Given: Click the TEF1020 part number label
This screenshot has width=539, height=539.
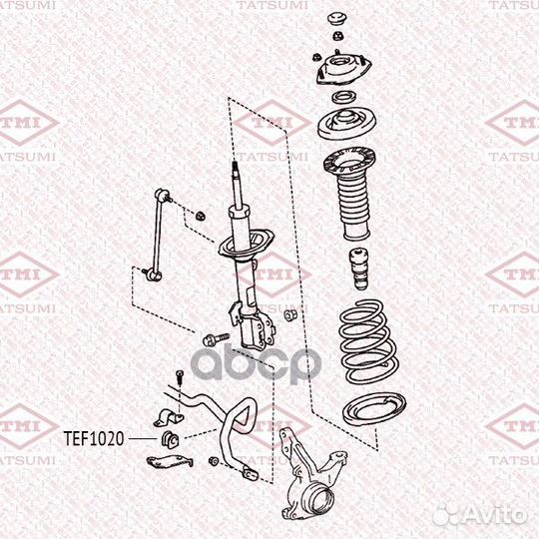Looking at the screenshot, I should [96, 436].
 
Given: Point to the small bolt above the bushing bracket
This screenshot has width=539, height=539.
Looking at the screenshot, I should [177, 376].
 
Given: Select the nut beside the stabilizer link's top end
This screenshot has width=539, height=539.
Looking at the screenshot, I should [200, 213].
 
